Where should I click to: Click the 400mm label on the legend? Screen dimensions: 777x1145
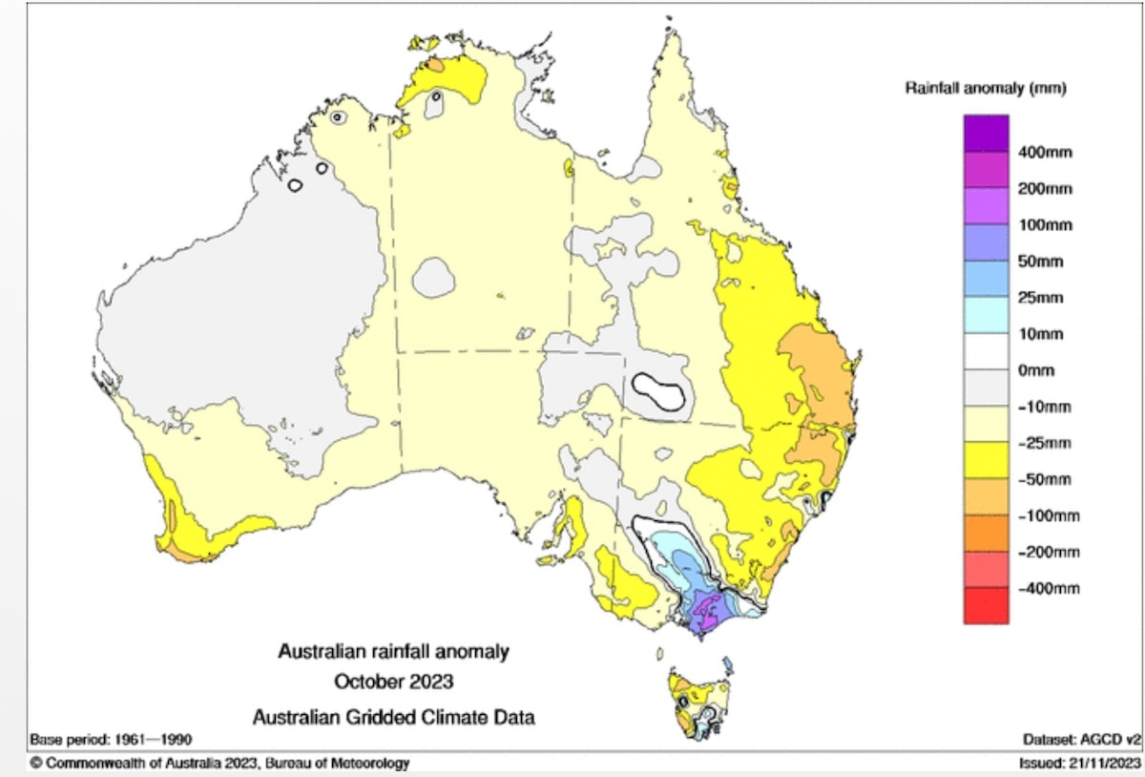pos(1046,153)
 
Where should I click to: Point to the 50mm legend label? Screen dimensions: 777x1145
pos(1043,262)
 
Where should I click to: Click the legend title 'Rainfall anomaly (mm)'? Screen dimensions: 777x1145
pos(985,89)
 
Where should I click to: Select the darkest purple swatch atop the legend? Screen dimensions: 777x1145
pos(986,133)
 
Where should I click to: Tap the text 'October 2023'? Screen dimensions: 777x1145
pos(393,682)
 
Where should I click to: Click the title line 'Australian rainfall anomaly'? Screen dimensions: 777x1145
pos(393,652)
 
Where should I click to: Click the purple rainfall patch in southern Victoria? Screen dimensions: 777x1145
pos(707,608)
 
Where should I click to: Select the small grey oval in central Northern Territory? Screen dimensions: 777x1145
pos(434,279)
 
